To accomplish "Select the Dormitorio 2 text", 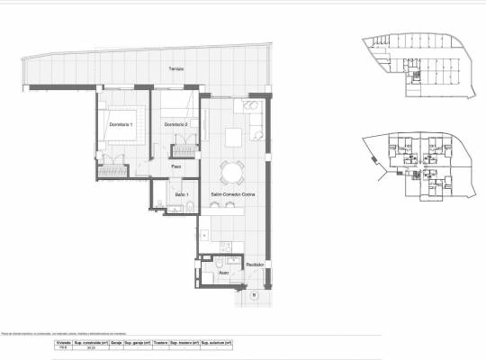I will (x=176, y=123).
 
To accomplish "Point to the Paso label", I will (x=178, y=166).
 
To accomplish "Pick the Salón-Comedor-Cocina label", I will (x=232, y=194).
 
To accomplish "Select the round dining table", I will (x=234, y=171).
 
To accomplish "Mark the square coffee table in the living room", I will (x=235, y=137).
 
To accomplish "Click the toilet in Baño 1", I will (x=192, y=208).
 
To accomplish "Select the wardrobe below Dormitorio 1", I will (x=115, y=167).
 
